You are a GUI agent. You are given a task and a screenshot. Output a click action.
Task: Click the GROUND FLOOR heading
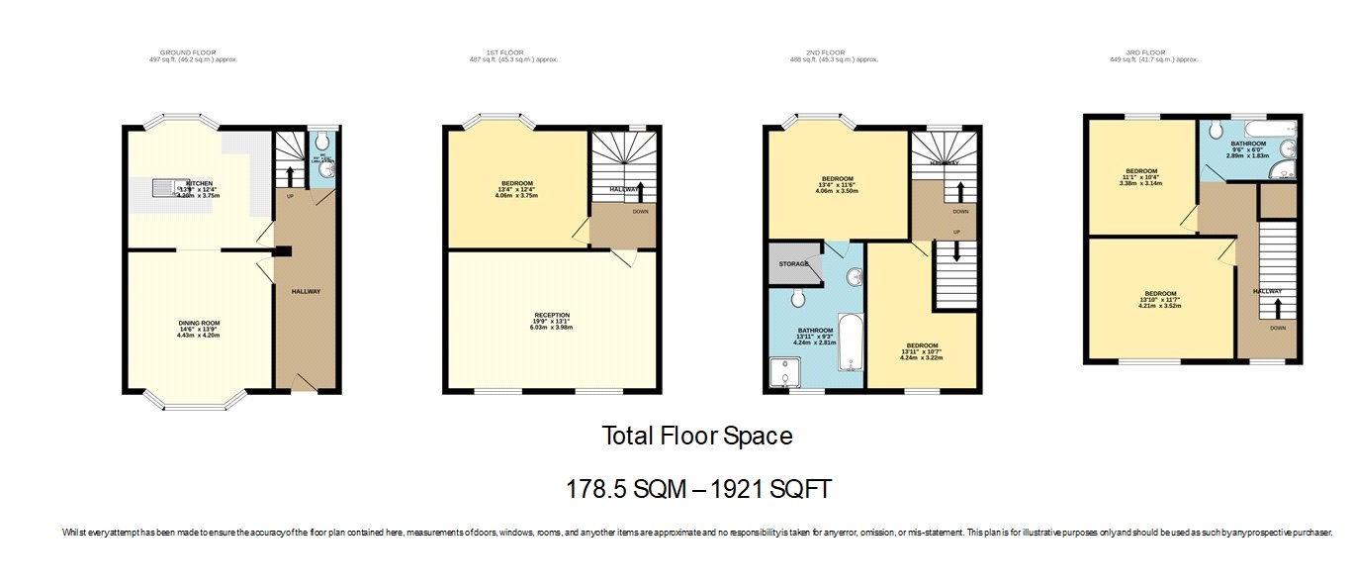pos(187,52)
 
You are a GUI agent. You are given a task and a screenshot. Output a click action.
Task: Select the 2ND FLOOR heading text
pos(824,52)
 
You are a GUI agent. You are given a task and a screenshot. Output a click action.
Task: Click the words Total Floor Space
pos(697,436)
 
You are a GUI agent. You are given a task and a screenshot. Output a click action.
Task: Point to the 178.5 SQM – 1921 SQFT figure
pos(697,488)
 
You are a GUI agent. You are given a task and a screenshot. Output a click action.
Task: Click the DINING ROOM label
pos(199,324)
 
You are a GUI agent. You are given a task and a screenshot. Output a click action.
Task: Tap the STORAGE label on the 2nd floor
pos(794,263)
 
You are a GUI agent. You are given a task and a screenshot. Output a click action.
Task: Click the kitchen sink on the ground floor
pos(163,186)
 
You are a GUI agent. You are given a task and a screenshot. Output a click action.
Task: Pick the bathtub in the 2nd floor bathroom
pos(851,342)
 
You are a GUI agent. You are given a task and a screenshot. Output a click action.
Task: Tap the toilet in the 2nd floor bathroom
pos(797,296)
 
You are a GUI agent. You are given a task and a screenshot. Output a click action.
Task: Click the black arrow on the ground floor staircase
pos(290,176)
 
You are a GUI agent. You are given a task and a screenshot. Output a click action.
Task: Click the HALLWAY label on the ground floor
pos(306,291)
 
